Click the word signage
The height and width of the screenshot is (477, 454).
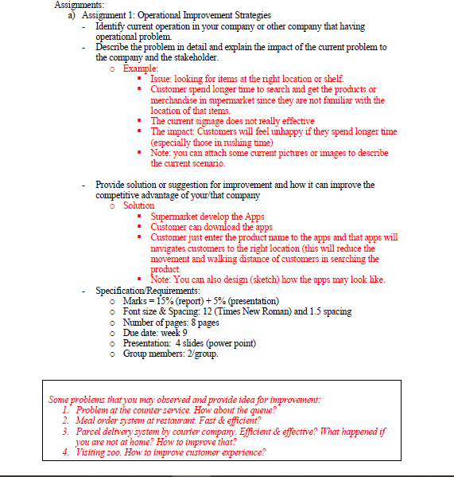point(207,121)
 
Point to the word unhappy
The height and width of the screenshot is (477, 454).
point(312,131)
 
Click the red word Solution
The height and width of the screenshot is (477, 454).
point(139,205)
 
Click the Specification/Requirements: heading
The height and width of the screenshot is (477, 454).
point(148,291)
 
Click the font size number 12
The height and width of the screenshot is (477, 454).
point(209,311)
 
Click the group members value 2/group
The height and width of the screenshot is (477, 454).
point(201,354)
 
